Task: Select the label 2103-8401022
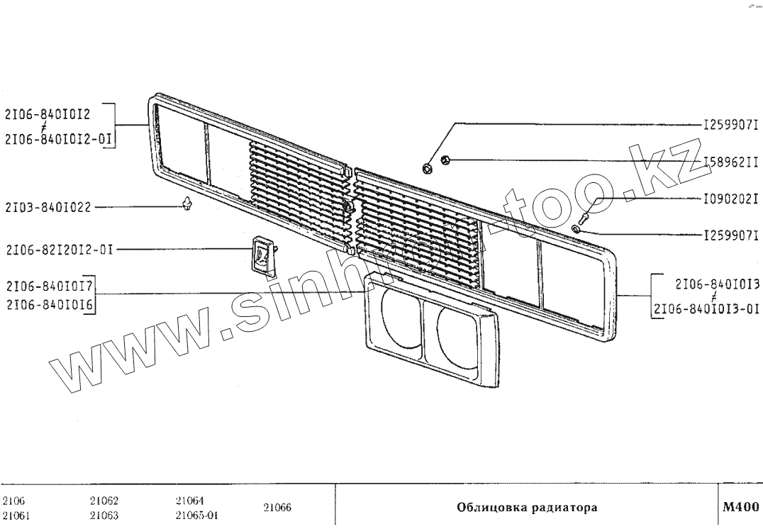[48, 208]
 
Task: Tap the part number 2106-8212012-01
[59, 250]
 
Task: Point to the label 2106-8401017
[50, 286]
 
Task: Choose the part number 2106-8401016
[50, 306]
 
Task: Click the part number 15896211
[731, 162]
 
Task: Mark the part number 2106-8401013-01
[706, 309]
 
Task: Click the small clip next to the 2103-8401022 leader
[186, 206]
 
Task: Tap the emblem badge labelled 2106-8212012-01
[262, 254]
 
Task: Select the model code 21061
[16, 516]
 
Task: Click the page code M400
[740, 508]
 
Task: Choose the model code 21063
[104, 516]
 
